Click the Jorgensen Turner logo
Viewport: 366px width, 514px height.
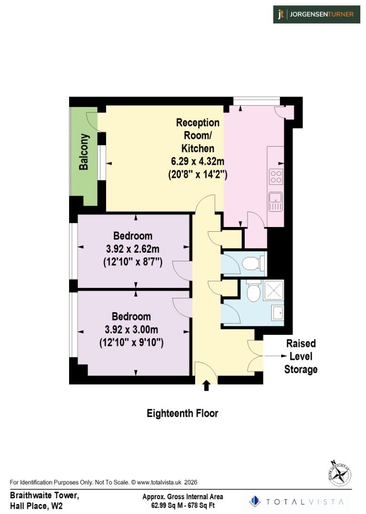click(316, 14)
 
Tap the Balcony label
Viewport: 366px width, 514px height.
click(84, 153)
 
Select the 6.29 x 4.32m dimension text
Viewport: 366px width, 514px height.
click(198, 161)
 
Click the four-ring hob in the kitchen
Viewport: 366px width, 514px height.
click(276, 177)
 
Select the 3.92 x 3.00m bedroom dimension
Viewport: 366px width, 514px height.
click(131, 329)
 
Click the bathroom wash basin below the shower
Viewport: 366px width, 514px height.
click(277, 313)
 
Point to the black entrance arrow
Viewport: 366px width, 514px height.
click(206, 385)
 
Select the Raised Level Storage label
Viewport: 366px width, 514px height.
click(301, 356)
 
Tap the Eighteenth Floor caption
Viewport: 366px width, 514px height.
click(182, 413)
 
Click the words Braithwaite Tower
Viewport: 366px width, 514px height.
click(45, 495)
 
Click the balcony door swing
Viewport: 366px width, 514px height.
click(92, 121)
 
